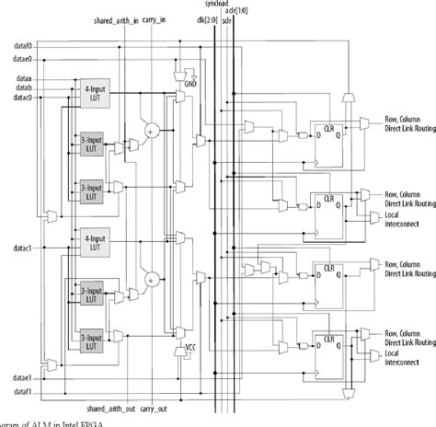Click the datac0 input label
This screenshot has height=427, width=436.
(23, 98)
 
